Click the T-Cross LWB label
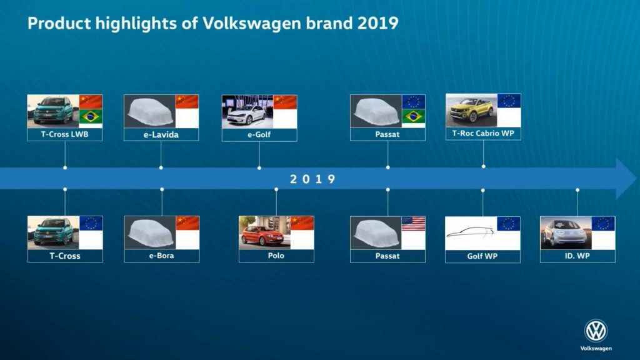pos(65,134)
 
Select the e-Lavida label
pos(161,134)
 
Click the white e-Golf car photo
pos(247,111)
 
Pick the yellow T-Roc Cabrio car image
pos(471,109)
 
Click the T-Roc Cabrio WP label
pos(483,133)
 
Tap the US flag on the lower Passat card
pos(413,224)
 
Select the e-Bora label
pos(162,256)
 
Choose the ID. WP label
pos(577,256)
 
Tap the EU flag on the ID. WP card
pos(603,224)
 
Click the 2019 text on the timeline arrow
pos(312,179)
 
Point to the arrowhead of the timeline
pos(626,179)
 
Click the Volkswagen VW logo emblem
pos(596,331)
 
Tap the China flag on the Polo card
pos(302,224)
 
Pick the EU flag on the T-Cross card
pos(91,224)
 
